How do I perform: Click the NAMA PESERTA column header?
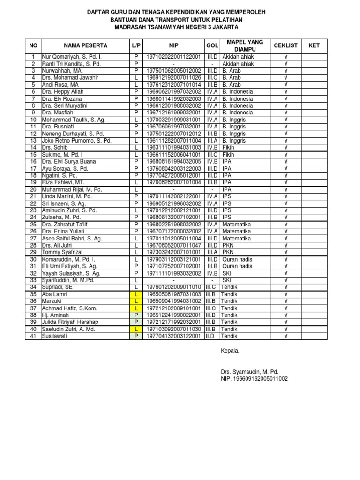coord(86,45)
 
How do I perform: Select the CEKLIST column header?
coord(285,45)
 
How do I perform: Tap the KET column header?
coord(314,45)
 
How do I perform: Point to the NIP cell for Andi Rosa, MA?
coord(173,85)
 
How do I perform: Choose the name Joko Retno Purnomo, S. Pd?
coord(77,141)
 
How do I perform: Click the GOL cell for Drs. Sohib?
coord(212,148)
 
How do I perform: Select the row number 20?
coord(33,189)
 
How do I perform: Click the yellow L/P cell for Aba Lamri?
coord(136,294)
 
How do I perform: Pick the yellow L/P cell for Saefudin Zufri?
coord(136,329)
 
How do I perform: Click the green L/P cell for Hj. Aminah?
coord(136,315)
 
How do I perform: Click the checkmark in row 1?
coord(285,57)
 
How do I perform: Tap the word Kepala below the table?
coord(230,351)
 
